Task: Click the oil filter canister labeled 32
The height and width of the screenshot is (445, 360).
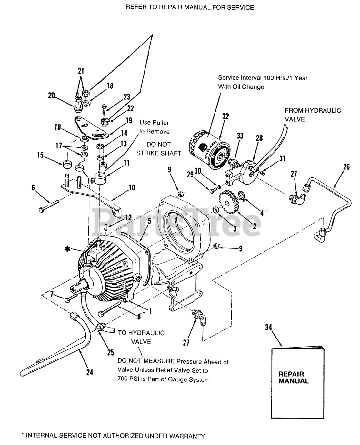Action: pyautogui.click(x=209, y=149)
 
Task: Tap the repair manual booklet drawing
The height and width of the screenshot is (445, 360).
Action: pyautogui.click(x=298, y=382)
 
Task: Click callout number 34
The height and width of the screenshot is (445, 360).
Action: pyautogui.click(x=268, y=327)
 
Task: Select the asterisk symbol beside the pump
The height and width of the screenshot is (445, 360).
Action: pyautogui.click(x=67, y=249)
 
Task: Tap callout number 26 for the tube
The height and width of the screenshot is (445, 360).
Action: pyautogui.click(x=346, y=167)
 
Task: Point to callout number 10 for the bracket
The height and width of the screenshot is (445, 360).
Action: pyautogui.click(x=132, y=187)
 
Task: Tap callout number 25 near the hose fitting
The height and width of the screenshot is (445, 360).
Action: pyautogui.click(x=110, y=353)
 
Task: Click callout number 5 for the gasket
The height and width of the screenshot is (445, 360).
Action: pyautogui.click(x=149, y=221)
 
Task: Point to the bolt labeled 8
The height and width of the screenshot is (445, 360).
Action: pyautogui.click(x=110, y=310)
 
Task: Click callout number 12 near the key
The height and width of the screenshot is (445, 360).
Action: pyautogui.click(x=128, y=218)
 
